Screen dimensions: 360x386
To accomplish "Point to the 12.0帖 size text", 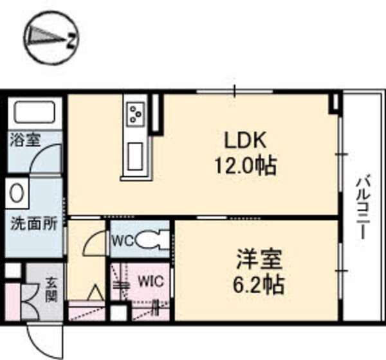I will pyautogui.click(x=244, y=166).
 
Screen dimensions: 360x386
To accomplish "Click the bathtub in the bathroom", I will pyautogui.click(x=35, y=114).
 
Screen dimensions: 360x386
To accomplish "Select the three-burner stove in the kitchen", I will pyautogui.click(x=136, y=114).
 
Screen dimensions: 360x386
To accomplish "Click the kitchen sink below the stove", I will pyautogui.click(x=136, y=156).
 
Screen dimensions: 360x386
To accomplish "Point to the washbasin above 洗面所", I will pyautogui.click(x=17, y=192).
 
